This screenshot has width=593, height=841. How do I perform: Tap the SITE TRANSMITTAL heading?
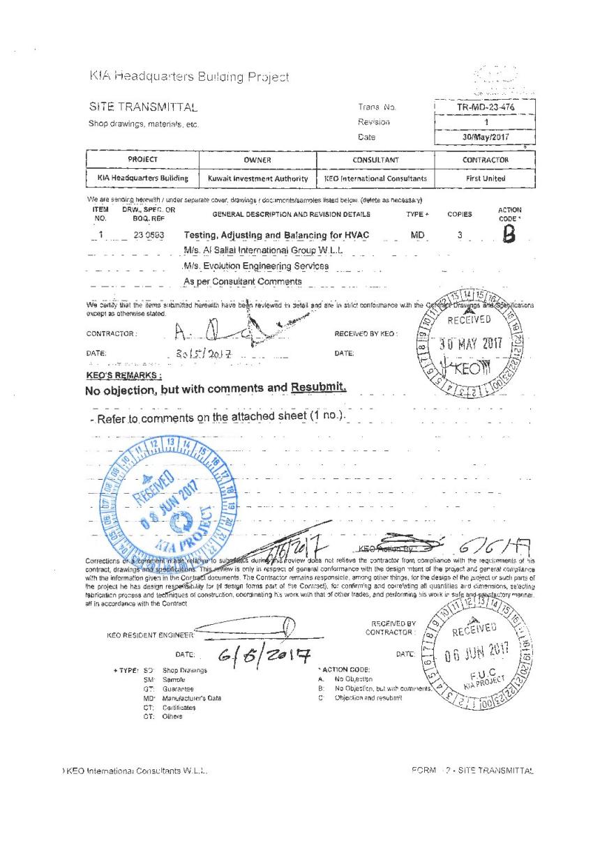[143, 107]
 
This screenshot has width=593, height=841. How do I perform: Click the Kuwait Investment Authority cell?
[257, 179]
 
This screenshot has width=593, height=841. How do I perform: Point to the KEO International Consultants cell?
[375, 179]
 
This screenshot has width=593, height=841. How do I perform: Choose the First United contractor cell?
[486, 179]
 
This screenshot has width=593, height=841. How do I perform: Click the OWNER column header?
[257, 160]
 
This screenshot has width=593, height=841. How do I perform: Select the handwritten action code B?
[508, 236]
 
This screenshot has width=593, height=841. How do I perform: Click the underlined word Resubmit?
[318, 387]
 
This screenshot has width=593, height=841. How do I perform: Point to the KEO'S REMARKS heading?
[119, 374]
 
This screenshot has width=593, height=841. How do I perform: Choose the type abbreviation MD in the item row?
[418, 236]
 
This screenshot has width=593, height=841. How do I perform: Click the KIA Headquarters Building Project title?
[188, 76]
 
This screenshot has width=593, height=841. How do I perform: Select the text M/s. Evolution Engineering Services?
[256, 266]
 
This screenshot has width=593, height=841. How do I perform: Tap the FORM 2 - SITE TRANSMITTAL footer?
[472, 770]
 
